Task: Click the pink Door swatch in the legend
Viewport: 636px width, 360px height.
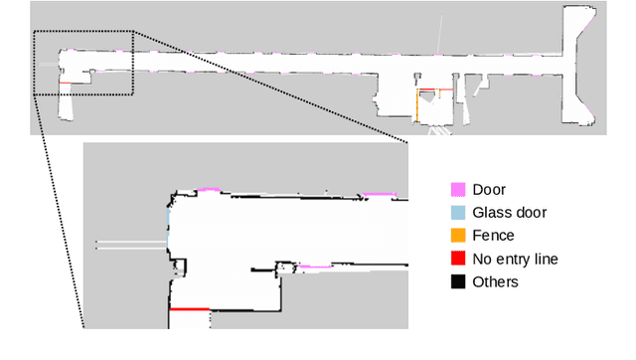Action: [x=458, y=189]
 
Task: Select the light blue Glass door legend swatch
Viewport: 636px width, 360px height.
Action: [x=458, y=212]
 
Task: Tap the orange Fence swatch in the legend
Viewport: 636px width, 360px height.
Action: [x=458, y=236]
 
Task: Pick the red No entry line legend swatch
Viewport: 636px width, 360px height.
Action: [x=458, y=259]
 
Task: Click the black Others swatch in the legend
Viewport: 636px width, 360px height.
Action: [x=458, y=281]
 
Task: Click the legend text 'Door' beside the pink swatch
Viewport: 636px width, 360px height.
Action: [x=489, y=189]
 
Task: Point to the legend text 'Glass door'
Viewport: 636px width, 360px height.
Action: [x=509, y=212]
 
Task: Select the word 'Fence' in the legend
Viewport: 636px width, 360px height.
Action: [x=493, y=236]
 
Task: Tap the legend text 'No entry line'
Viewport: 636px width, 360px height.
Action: [x=515, y=259]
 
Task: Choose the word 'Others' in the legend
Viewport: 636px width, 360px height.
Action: [x=495, y=281]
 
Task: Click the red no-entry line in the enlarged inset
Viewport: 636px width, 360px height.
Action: [x=189, y=309]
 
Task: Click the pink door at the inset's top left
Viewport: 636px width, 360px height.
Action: [x=207, y=188]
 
